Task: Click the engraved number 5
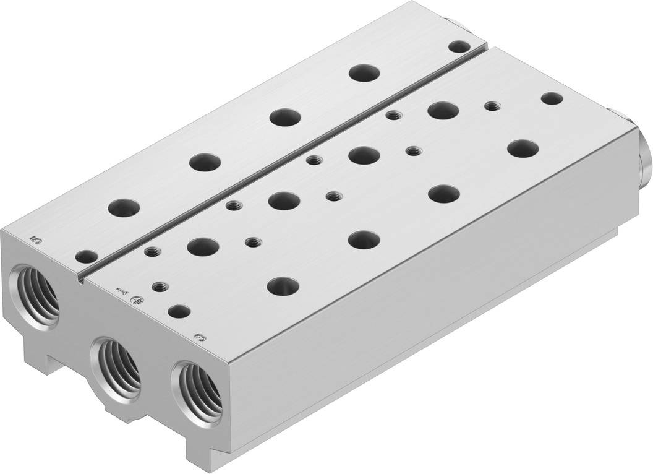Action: click(x=35, y=238)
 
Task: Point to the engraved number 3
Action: click(x=198, y=338)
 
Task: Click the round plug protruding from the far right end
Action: click(x=643, y=152)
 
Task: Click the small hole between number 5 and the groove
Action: click(x=87, y=256)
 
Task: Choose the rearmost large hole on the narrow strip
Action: click(x=364, y=72)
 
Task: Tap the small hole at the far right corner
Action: click(x=552, y=98)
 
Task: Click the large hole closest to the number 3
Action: click(x=281, y=285)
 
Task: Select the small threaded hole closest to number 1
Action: click(x=160, y=287)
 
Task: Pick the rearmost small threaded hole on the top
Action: click(x=492, y=106)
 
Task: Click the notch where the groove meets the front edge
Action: click(x=81, y=278)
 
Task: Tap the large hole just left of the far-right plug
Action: click(x=523, y=148)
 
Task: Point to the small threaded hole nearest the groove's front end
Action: click(x=152, y=251)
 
